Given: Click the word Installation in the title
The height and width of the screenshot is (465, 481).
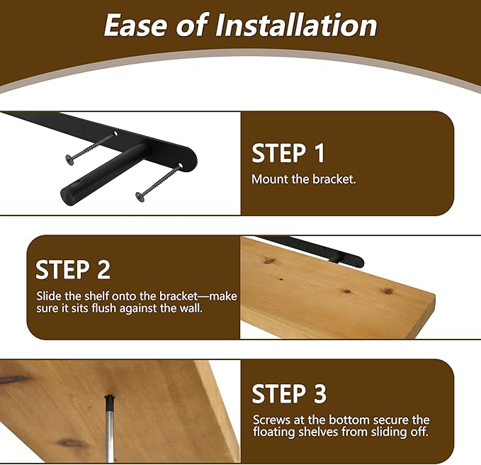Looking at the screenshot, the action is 296,26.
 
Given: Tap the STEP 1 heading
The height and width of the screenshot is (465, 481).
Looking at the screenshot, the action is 288,153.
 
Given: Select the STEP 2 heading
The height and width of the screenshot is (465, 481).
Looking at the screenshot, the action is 73,269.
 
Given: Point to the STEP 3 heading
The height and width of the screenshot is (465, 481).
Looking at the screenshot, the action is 289,394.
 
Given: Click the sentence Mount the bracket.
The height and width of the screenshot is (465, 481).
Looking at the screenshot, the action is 303,179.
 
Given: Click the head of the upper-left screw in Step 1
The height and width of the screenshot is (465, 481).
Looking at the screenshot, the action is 70,159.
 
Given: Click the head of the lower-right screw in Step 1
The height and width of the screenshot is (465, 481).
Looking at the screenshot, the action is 140,197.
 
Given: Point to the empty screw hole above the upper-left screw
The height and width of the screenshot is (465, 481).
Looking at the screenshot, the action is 116,133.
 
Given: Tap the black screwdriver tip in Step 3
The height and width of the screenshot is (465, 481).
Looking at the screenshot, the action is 109,400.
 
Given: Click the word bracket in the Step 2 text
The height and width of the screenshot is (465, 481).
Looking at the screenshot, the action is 179,296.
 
